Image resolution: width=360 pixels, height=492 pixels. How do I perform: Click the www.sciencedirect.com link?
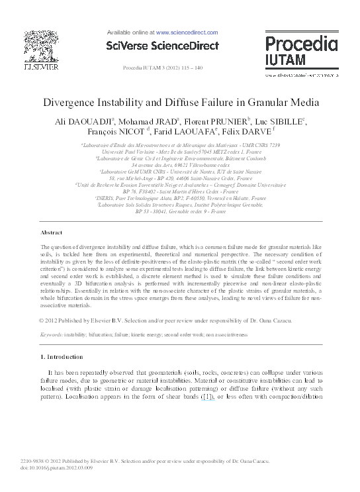click(x=187, y=32)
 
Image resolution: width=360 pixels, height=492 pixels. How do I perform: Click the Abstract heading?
click(x=52, y=234)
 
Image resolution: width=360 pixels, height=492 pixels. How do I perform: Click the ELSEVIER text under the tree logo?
click(x=41, y=68)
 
